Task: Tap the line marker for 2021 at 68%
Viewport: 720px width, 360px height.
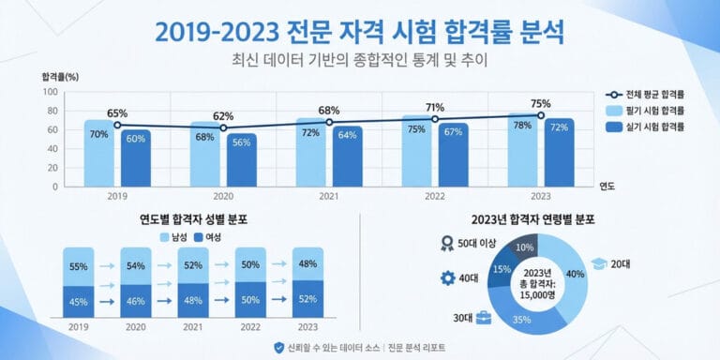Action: pos(328,122)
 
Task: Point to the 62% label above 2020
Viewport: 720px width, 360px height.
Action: pos(223,116)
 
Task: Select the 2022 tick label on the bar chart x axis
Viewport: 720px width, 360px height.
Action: pos(434,196)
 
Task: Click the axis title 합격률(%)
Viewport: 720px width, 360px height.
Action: pos(60,76)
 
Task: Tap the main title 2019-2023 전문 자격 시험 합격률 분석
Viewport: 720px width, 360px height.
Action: pos(359,32)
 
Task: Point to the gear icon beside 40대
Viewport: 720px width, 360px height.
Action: pos(447,278)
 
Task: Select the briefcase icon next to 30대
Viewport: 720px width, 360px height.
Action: pos(485,318)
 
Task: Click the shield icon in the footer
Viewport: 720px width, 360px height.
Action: pos(278,347)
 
